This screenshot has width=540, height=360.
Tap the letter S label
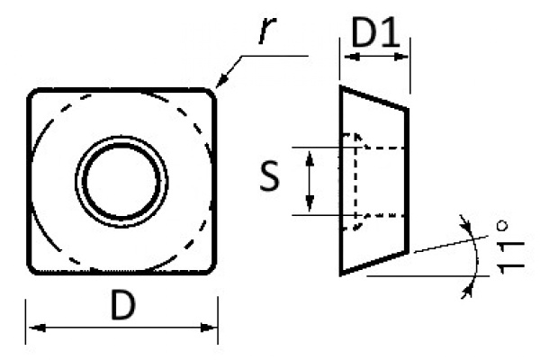tap(270, 179)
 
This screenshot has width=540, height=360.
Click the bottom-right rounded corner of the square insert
tap(211, 267)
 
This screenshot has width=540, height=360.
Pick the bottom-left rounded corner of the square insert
tap(33, 267)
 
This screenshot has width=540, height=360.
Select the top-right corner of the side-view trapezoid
tap(409, 110)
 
